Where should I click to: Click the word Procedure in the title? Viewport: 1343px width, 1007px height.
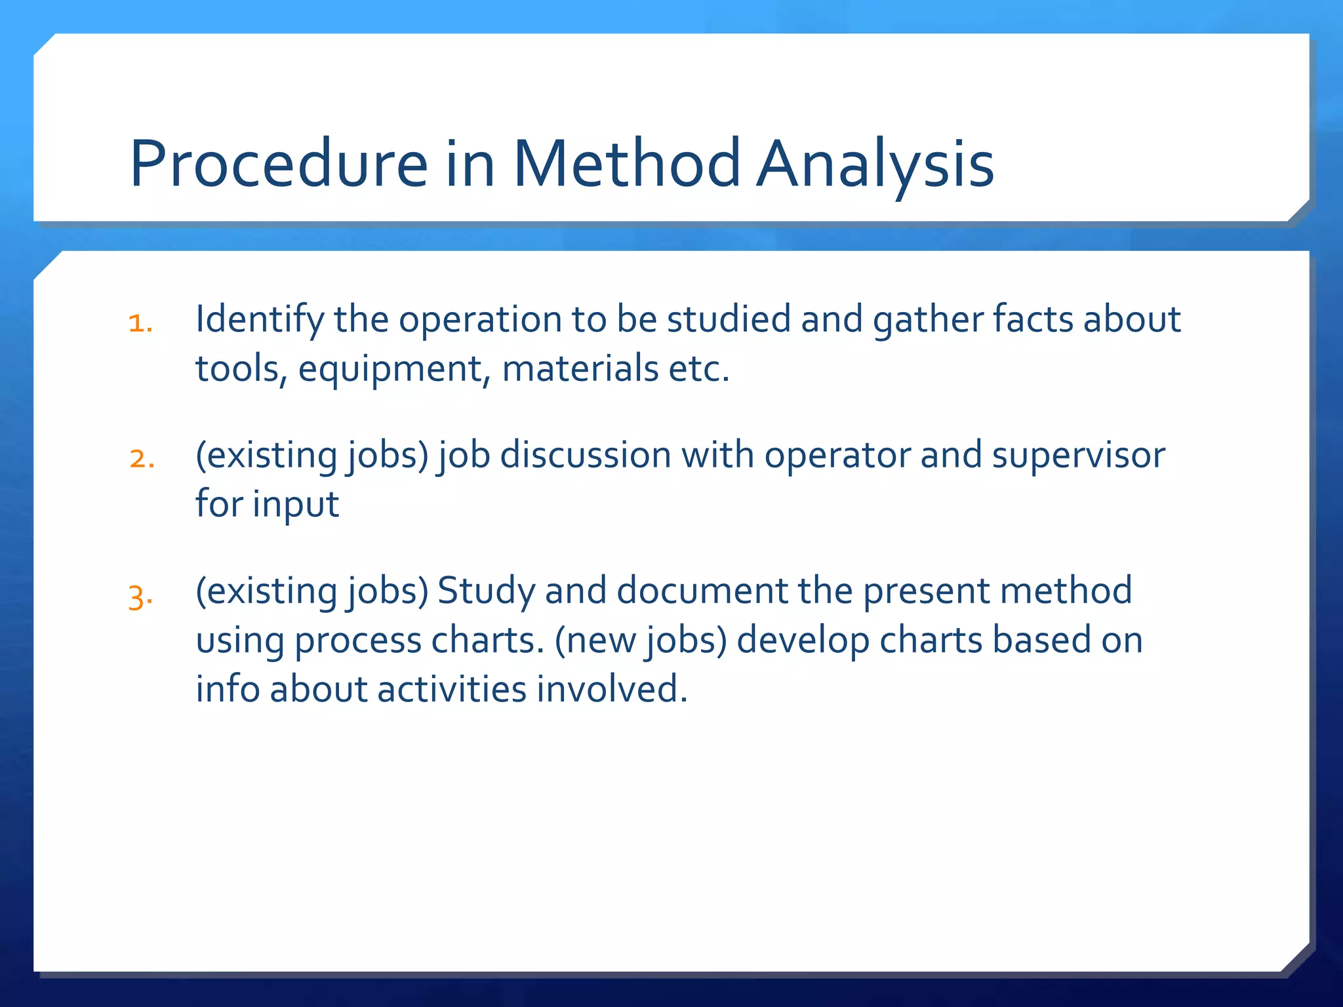tap(279, 164)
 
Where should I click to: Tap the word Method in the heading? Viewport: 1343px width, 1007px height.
tap(626, 164)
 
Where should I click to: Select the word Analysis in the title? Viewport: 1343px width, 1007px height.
tap(875, 164)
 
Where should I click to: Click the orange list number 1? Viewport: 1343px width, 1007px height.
tap(140, 324)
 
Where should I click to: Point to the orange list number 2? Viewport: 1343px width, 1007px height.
tap(142, 459)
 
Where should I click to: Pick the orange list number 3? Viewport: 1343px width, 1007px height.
tap(140, 597)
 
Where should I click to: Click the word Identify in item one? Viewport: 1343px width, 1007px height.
tap(260, 320)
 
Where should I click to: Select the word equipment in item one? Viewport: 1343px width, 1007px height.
tap(391, 369)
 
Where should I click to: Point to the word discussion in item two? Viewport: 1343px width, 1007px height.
tap(586, 455)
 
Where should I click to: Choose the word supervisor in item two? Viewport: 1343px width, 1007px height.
tap(1079, 455)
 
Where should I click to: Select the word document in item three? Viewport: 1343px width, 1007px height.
tap(702, 591)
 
